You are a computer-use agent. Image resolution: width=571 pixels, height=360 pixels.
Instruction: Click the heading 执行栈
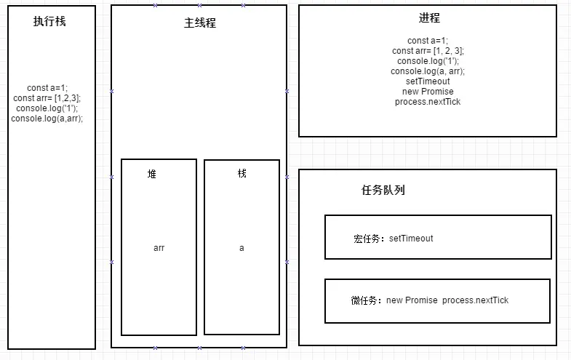pyautogui.click(x=49, y=22)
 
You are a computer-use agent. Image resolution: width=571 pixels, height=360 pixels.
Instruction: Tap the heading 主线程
pyautogui.click(x=199, y=23)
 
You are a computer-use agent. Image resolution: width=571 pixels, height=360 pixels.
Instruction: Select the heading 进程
pyautogui.click(x=428, y=18)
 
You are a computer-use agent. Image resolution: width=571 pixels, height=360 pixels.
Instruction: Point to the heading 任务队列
pyautogui.click(x=383, y=191)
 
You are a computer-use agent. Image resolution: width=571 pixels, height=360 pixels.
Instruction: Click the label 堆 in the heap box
pyautogui.click(x=152, y=175)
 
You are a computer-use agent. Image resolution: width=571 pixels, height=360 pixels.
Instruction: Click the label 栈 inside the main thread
pyautogui.click(x=241, y=174)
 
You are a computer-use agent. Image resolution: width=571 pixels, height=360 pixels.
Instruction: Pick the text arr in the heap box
pyautogui.click(x=159, y=248)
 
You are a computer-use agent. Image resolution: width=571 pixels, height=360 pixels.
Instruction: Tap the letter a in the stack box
pyautogui.click(x=241, y=248)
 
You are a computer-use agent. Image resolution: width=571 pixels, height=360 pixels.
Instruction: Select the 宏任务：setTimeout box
pyautogui.click(x=437, y=237)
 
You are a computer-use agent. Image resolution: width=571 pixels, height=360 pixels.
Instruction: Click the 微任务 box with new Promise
pyautogui.click(x=436, y=300)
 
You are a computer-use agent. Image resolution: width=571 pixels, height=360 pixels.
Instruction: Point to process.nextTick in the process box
pyautogui.click(x=428, y=102)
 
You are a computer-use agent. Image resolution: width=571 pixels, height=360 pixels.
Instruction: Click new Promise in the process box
pyautogui.click(x=428, y=92)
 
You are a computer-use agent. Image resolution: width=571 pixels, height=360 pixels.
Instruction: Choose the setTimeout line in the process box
pyautogui.click(x=428, y=81)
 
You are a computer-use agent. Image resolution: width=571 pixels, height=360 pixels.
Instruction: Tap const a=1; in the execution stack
pyautogui.click(x=47, y=88)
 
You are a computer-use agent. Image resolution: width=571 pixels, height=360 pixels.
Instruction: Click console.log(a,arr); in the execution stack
pyautogui.click(x=47, y=119)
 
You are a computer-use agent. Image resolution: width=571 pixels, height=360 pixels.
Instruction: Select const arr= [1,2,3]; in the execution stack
pyautogui.click(x=47, y=98)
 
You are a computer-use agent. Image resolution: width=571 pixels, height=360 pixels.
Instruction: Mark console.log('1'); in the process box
pyautogui.click(x=428, y=61)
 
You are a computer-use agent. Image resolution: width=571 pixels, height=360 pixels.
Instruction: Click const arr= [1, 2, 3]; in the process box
pyautogui.click(x=428, y=51)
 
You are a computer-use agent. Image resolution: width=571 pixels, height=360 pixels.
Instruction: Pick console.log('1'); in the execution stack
pyautogui.click(x=47, y=108)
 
